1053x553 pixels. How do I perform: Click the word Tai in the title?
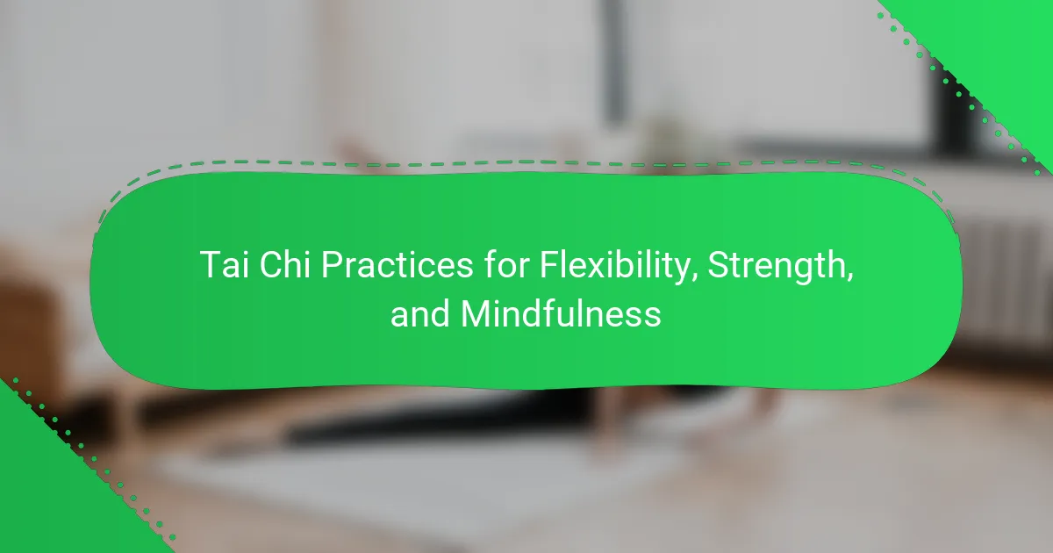[225, 265]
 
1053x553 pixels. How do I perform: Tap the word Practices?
[398, 265]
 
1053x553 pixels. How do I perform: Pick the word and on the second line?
[419, 314]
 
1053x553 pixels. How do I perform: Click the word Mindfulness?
[561, 314]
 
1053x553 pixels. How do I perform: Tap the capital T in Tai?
[211, 265]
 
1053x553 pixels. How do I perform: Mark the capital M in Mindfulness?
[475, 314]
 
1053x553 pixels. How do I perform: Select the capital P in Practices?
[332, 265]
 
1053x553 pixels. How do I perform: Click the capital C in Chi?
[269, 265]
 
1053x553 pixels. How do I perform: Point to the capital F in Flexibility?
[548, 265]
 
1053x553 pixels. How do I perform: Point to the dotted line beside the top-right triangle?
[959, 94]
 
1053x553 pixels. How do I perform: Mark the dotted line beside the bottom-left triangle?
[94, 458]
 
